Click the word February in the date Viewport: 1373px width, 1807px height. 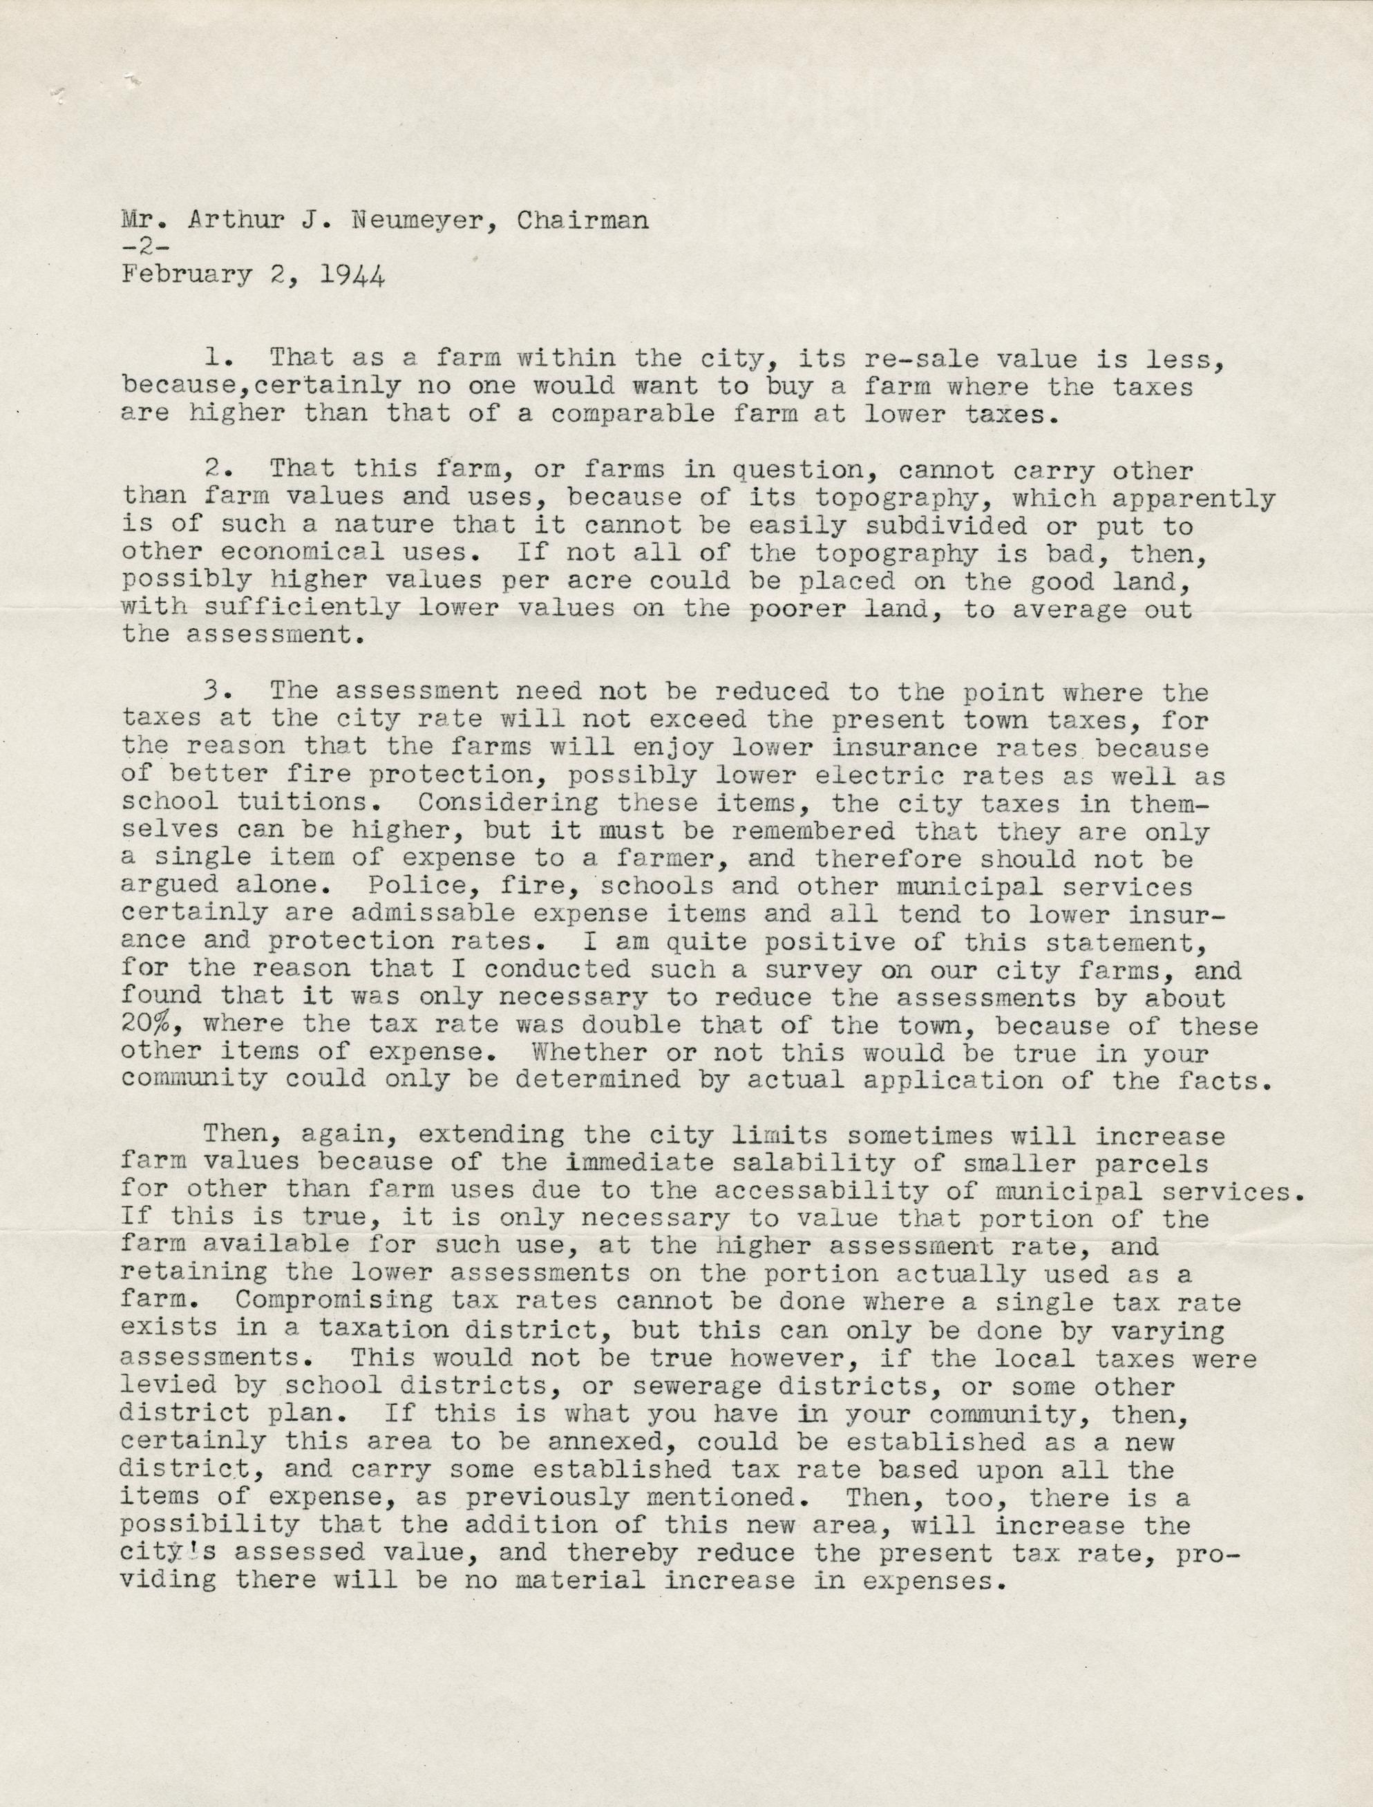(187, 276)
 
